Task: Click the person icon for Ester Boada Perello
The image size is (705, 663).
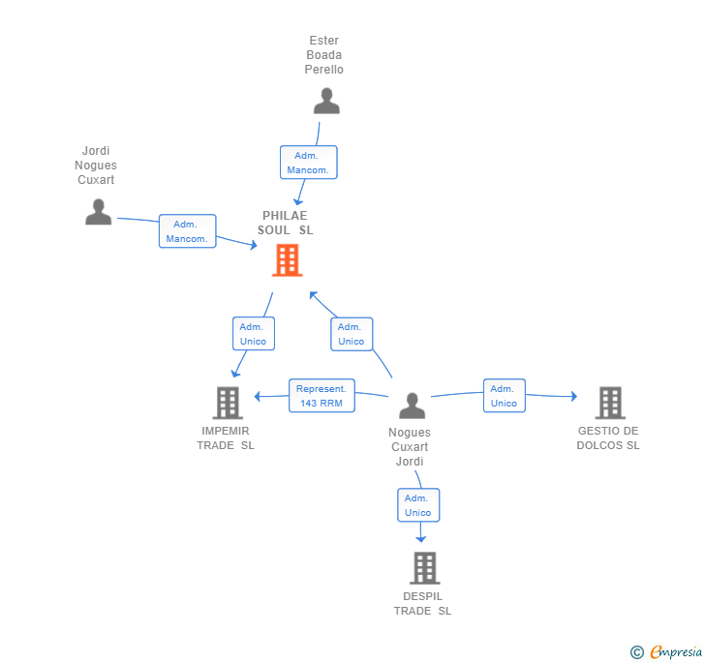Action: pos(326,102)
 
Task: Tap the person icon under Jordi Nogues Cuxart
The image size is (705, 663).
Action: pos(98,212)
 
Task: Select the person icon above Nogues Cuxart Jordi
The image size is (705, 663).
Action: pos(412,406)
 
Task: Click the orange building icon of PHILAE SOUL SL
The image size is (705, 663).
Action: pos(287,260)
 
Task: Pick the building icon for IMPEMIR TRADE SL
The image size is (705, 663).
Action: pos(227,402)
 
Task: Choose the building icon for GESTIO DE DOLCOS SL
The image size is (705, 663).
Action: pos(609,402)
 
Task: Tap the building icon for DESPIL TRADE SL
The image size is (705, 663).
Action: pos(424,567)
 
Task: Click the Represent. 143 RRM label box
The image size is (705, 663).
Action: pos(322,396)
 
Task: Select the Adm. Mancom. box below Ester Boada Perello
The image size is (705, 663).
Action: pos(308,163)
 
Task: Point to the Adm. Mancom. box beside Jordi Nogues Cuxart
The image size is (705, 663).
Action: pos(187,231)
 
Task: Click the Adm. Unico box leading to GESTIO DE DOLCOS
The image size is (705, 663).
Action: pos(504,396)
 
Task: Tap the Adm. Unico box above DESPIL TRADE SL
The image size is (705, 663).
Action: pos(418,505)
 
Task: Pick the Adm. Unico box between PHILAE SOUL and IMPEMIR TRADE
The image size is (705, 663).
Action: pos(253,334)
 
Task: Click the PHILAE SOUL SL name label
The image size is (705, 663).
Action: pos(285,223)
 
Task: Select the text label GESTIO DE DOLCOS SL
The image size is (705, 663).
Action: pos(608,438)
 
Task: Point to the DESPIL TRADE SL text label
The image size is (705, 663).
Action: pos(422,603)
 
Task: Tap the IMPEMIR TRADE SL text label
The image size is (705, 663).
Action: pos(226,438)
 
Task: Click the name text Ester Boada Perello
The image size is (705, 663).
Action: pos(323,55)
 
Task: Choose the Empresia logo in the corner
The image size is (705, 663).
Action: pos(666,651)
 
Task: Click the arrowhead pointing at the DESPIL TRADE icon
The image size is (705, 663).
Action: pos(420,537)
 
